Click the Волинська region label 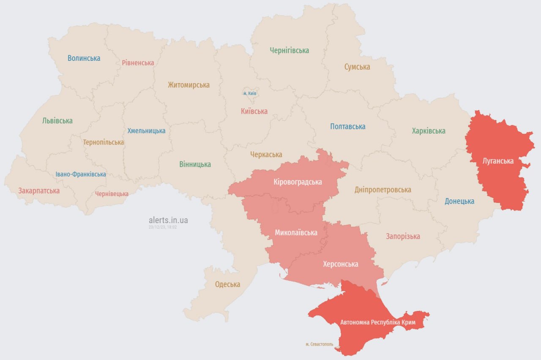click(x=84, y=58)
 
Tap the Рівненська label click(x=138, y=63)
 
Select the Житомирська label click(x=189, y=85)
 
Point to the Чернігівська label click(x=290, y=50)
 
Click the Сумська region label click(x=357, y=67)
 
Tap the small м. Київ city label click(x=250, y=93)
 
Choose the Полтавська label click(x=348, y=126)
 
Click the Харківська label click(x=429, y=131)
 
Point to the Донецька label click(x=459, y=201)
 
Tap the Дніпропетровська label click(x=383, y=190)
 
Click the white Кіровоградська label click(x=298, y=182)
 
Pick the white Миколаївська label click(x=296, y=232)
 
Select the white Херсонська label click(x=340, y=264)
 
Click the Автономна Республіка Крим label click(x=378, y=322)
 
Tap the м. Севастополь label click(x=319, y=344)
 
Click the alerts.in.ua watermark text click(x=168, y=220)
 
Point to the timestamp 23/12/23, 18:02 click(x=162, y=227)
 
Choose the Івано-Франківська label click(x=81, y=174)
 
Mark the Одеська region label click(x=227, y=284)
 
